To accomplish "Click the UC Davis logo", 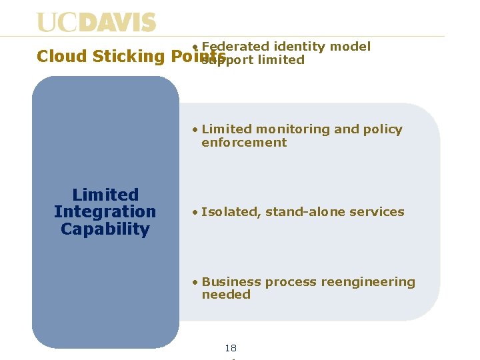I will coord(97,23).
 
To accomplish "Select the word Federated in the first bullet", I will coord(233,47).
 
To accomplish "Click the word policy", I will coord(383,129).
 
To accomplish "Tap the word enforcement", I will coord(244,143).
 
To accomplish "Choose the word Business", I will coord(231,282).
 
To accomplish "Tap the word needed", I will coord(226,295).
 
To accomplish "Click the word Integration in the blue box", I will coord(105,212).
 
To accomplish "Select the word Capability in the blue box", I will coord(105,229).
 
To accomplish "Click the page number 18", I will coord(231,348).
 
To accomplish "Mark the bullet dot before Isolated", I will coord(194,213).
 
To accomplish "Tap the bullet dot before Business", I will coord(194,283).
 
